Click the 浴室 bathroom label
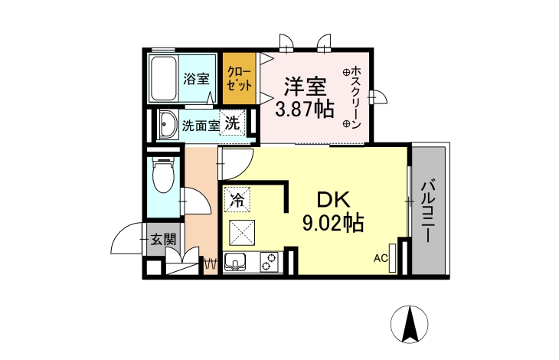coord(196,79)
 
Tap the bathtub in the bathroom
coord(163,78)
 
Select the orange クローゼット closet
coord(240,78)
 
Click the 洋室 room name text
coord(306,87)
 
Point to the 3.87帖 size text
coord(305,109)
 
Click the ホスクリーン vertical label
coord(356,97)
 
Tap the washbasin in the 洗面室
coord(167,124)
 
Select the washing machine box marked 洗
coord(232,123)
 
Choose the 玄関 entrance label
coord(163,240)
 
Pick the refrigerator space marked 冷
coord(237,199)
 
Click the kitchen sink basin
coord(235,262)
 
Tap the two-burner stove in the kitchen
coord(269,262)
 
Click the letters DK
coord(334,200)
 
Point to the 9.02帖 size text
coord(333,223)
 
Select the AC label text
coord(381,258)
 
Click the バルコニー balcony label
coord(428,211)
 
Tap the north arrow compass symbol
coord(409,324)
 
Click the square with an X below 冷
coord(242,233)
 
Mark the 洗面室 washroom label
coord(201,126)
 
